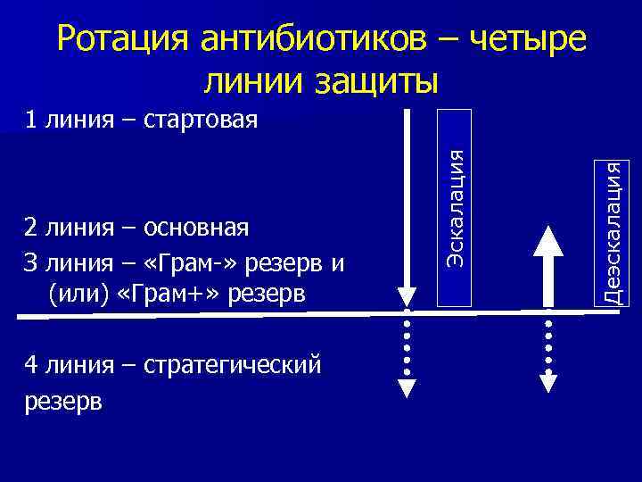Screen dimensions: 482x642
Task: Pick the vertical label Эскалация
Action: pos(457,205)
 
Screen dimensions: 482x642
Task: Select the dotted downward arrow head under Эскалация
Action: pos(407,386)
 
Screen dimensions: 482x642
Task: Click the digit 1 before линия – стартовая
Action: pos(31,120)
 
